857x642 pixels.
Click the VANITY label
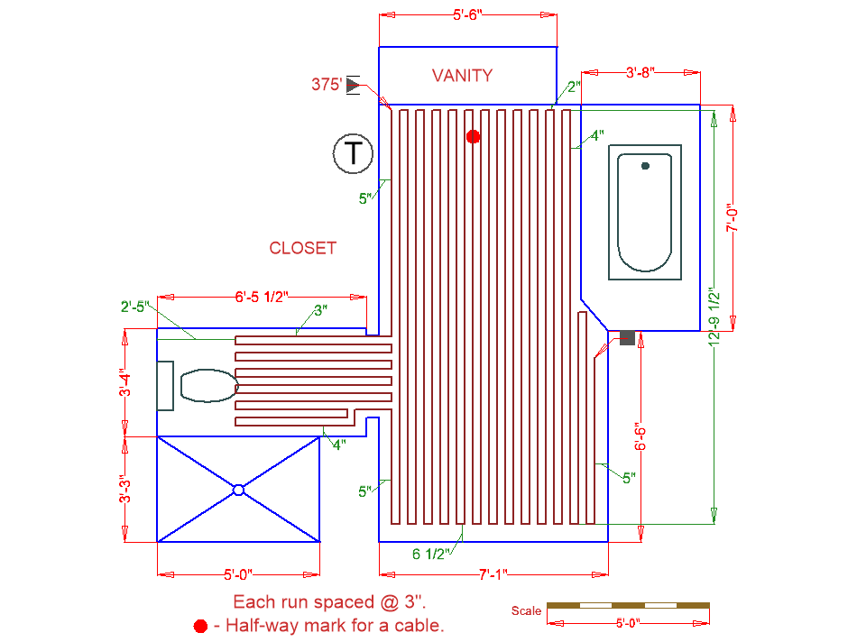tap(462, 76)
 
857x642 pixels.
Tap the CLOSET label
tap(302, 248)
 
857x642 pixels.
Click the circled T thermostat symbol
tap(353, 153)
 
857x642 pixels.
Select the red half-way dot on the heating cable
tap(473, 137)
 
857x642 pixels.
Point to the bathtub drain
tap(645, 166)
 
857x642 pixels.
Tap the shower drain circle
tap(238, 490)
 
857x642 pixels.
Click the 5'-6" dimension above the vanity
tap(468, 14)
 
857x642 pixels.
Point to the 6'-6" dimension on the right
tap(639, 437)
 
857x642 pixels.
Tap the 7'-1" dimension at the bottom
tap(493, 573)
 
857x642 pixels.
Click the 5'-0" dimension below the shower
tap(237, 573)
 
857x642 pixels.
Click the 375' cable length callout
tap(327, 86)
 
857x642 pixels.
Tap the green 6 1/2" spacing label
tap(431, 554)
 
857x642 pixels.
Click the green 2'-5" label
tap(134, 307)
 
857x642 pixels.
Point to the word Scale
tap(526, 610)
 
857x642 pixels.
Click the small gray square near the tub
tap(627, 336)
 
